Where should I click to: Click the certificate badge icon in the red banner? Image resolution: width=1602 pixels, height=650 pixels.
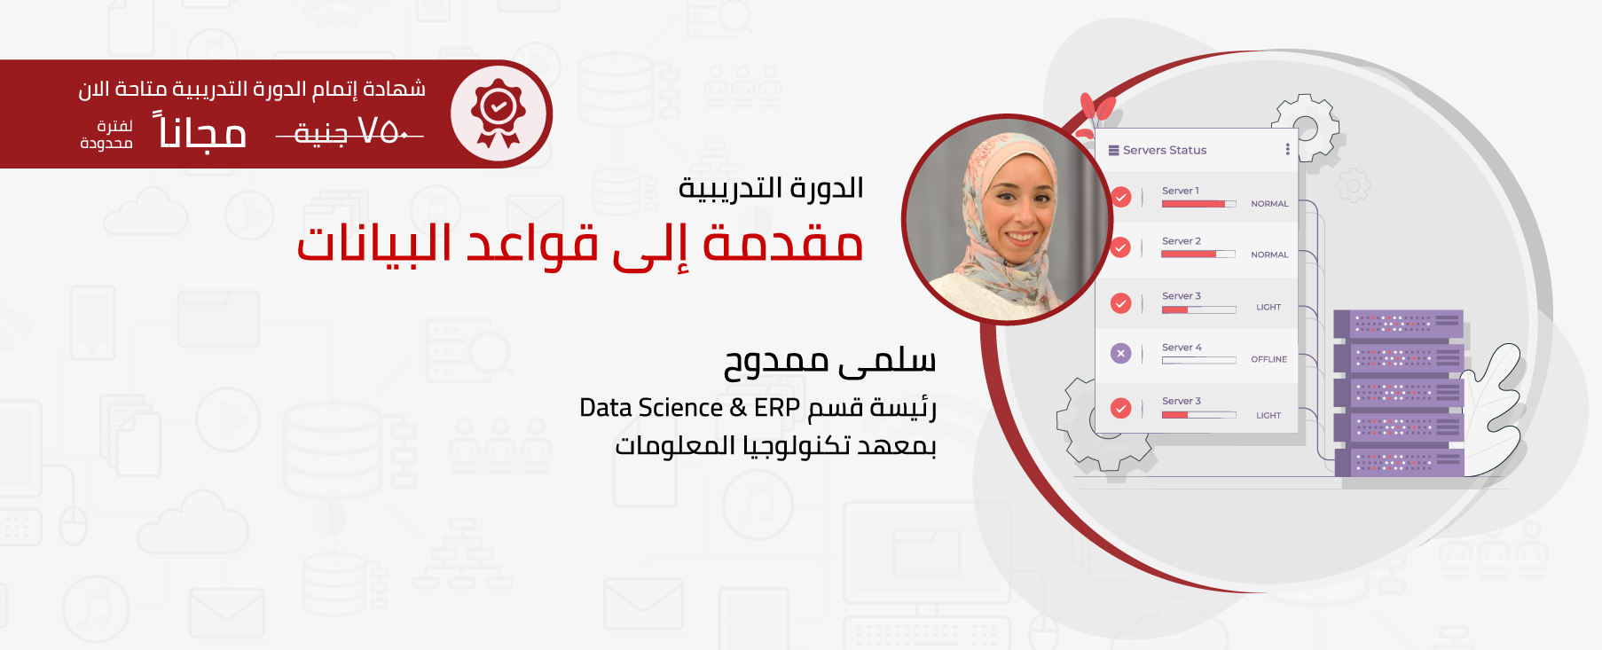(499, 114)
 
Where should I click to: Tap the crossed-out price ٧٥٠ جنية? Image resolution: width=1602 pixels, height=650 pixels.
(349, 133)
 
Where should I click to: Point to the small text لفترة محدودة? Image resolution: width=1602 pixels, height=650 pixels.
(106, 135)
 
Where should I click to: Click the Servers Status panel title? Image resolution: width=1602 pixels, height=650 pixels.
(1165, 150)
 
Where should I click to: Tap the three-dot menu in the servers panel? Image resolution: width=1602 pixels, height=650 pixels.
(1287, 149)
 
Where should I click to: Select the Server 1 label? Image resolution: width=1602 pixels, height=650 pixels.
(1180, 191)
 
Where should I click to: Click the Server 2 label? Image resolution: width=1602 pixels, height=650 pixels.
(1181, 241)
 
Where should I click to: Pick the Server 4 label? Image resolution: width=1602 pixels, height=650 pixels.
(1182, 348)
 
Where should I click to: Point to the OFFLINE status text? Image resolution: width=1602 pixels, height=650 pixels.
(1268, 359)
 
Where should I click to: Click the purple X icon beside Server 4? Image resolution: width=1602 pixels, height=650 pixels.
(1121, 353)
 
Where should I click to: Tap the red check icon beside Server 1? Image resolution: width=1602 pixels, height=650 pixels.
(1121, 197)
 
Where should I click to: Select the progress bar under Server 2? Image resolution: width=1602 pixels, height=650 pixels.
(1198, 255)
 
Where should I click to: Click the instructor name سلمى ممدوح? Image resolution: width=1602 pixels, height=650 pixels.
(829, 361)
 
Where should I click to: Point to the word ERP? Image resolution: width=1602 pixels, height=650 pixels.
(777, 407)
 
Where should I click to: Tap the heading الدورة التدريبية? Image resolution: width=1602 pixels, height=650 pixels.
(771, 188)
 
